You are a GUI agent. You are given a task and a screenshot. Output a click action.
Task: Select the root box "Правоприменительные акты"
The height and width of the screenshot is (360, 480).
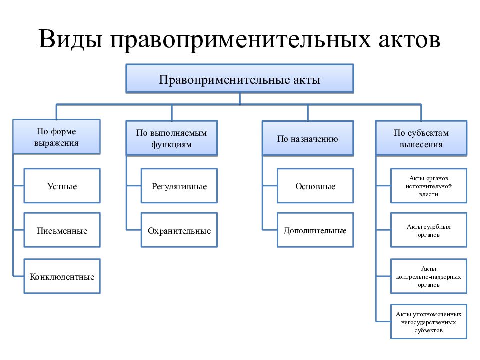[x=240, y=79]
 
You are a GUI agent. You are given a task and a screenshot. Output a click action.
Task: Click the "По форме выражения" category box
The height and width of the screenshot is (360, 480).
[x=56, y=137]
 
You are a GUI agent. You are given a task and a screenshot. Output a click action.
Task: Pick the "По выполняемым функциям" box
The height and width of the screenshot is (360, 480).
[x=171, y=138]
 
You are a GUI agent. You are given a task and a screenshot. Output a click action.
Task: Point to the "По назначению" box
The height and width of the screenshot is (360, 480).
[x=308, y=138]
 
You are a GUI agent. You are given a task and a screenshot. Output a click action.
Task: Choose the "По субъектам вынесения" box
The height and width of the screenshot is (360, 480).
[x=421, y=138]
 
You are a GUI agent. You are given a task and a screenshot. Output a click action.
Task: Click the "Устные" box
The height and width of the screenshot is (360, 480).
[x=62, y=186]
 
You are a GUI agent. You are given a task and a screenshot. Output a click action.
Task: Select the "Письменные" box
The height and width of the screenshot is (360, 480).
[x=62, y=230]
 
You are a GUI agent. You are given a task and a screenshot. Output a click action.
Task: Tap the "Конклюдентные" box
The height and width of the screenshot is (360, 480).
[x=62, y=276]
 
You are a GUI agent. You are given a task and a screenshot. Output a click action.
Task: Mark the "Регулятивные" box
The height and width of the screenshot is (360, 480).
[x=179, y=186]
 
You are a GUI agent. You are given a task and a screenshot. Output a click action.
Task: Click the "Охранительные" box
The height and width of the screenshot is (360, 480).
[x=179, y=230]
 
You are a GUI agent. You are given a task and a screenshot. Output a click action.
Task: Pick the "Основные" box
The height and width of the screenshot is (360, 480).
[x=315, y=186]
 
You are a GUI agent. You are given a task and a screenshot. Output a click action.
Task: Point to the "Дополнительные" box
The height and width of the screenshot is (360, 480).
[x=315, y=230]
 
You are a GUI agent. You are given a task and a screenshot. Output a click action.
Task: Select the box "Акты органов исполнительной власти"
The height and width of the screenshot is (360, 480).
[x=429, y=186]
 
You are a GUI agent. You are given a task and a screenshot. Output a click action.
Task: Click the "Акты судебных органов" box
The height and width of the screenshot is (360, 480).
[x=429, y=230]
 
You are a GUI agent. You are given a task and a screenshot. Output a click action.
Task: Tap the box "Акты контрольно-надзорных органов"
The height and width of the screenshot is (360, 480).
[x=429, y=276]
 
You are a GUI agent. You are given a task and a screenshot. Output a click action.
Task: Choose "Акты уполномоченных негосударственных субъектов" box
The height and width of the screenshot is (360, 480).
[x=429, y=321]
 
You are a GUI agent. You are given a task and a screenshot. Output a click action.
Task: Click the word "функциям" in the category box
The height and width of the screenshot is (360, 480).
[x=171, y=145]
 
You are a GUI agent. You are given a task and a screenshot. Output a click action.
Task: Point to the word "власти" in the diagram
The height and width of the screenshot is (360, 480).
[x=429, y=194]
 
